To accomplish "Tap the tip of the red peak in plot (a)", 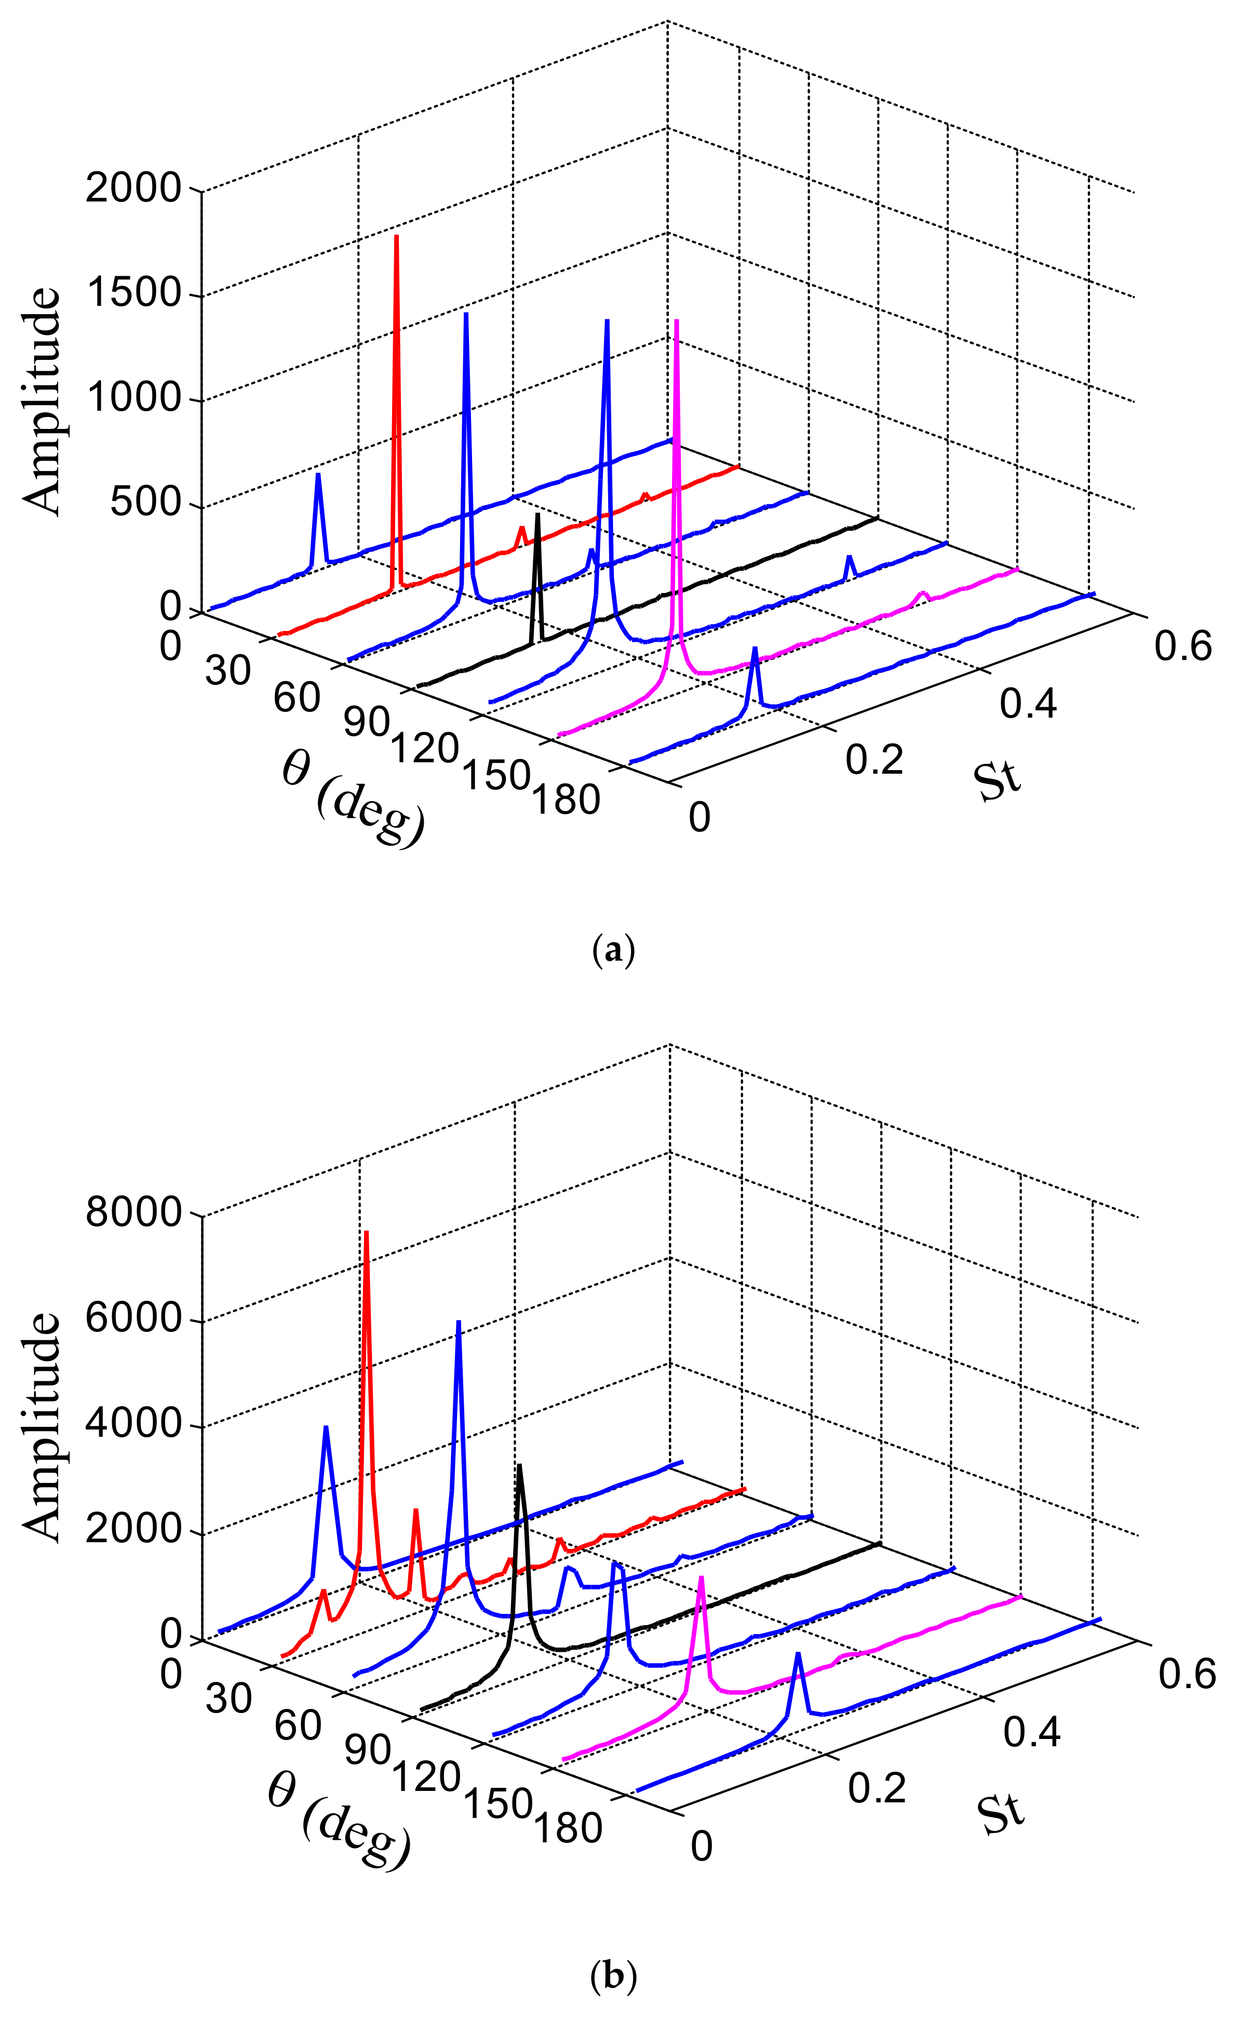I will click(x=396, y=236).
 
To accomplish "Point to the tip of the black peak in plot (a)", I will click(x=537, y=515).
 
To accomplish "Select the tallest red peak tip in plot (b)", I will click(x=366, y=1232).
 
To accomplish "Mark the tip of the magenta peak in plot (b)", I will click(x=701, y=1577).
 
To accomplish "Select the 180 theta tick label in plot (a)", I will click(x=567, y=799).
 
